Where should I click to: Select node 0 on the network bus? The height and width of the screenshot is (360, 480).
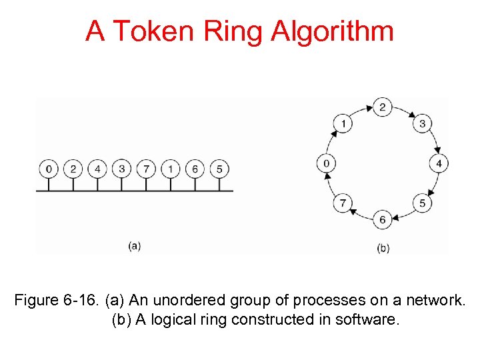tap(48, 169)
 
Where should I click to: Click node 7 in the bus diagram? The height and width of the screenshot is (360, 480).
tap(146, 169)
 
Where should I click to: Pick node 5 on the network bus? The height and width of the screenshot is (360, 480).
tap(219, 169)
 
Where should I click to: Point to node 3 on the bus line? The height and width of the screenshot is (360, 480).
tap(121, 169)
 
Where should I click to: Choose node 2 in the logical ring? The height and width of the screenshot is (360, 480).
tap(382, 107)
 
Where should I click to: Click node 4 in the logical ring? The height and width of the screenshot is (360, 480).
tap(439, 163)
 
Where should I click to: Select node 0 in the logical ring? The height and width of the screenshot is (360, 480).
tap(326, 163)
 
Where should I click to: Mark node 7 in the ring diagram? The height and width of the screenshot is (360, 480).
tap(343, 203)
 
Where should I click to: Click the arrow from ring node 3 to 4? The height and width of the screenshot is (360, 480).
tap(433, 142)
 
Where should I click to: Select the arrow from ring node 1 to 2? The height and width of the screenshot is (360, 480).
tap(361, 112)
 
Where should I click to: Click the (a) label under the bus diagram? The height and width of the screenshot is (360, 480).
tap(134, 245)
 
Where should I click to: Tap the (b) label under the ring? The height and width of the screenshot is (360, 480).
tap(383, 248)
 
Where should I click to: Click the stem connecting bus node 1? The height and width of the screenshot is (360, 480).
tap(171, 183)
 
